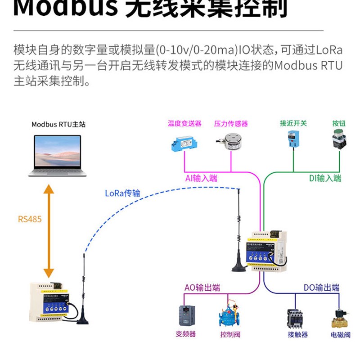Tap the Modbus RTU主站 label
point(58,124)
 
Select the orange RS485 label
point(30,220)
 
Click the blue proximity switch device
point(293,139)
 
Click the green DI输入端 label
point(325,178)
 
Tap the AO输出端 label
point(202,288)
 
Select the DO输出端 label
point(321,288)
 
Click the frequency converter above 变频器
point(185,315)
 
